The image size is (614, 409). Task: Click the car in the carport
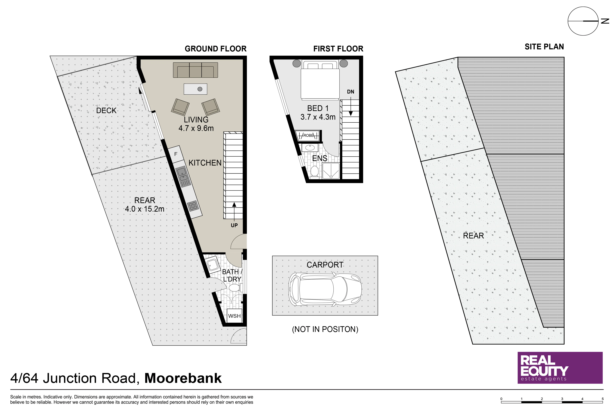pos(325,289)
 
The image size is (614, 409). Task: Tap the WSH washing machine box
pos(234,316)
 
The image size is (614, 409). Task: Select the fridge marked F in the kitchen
pos(176,154)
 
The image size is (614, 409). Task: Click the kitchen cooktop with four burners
pos(193,206)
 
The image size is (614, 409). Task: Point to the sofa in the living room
pos(195,70)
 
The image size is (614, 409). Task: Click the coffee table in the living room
pos(195,89)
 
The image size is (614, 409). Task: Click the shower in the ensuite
pos(331,171)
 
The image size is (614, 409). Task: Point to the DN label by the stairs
pos(351,92)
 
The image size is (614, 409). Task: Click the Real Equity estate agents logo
pos(560,368)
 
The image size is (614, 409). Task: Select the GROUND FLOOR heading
pos(216,49)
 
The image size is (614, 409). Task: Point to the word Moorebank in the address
pos(183,378)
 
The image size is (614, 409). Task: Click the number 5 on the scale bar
pos(603,399)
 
